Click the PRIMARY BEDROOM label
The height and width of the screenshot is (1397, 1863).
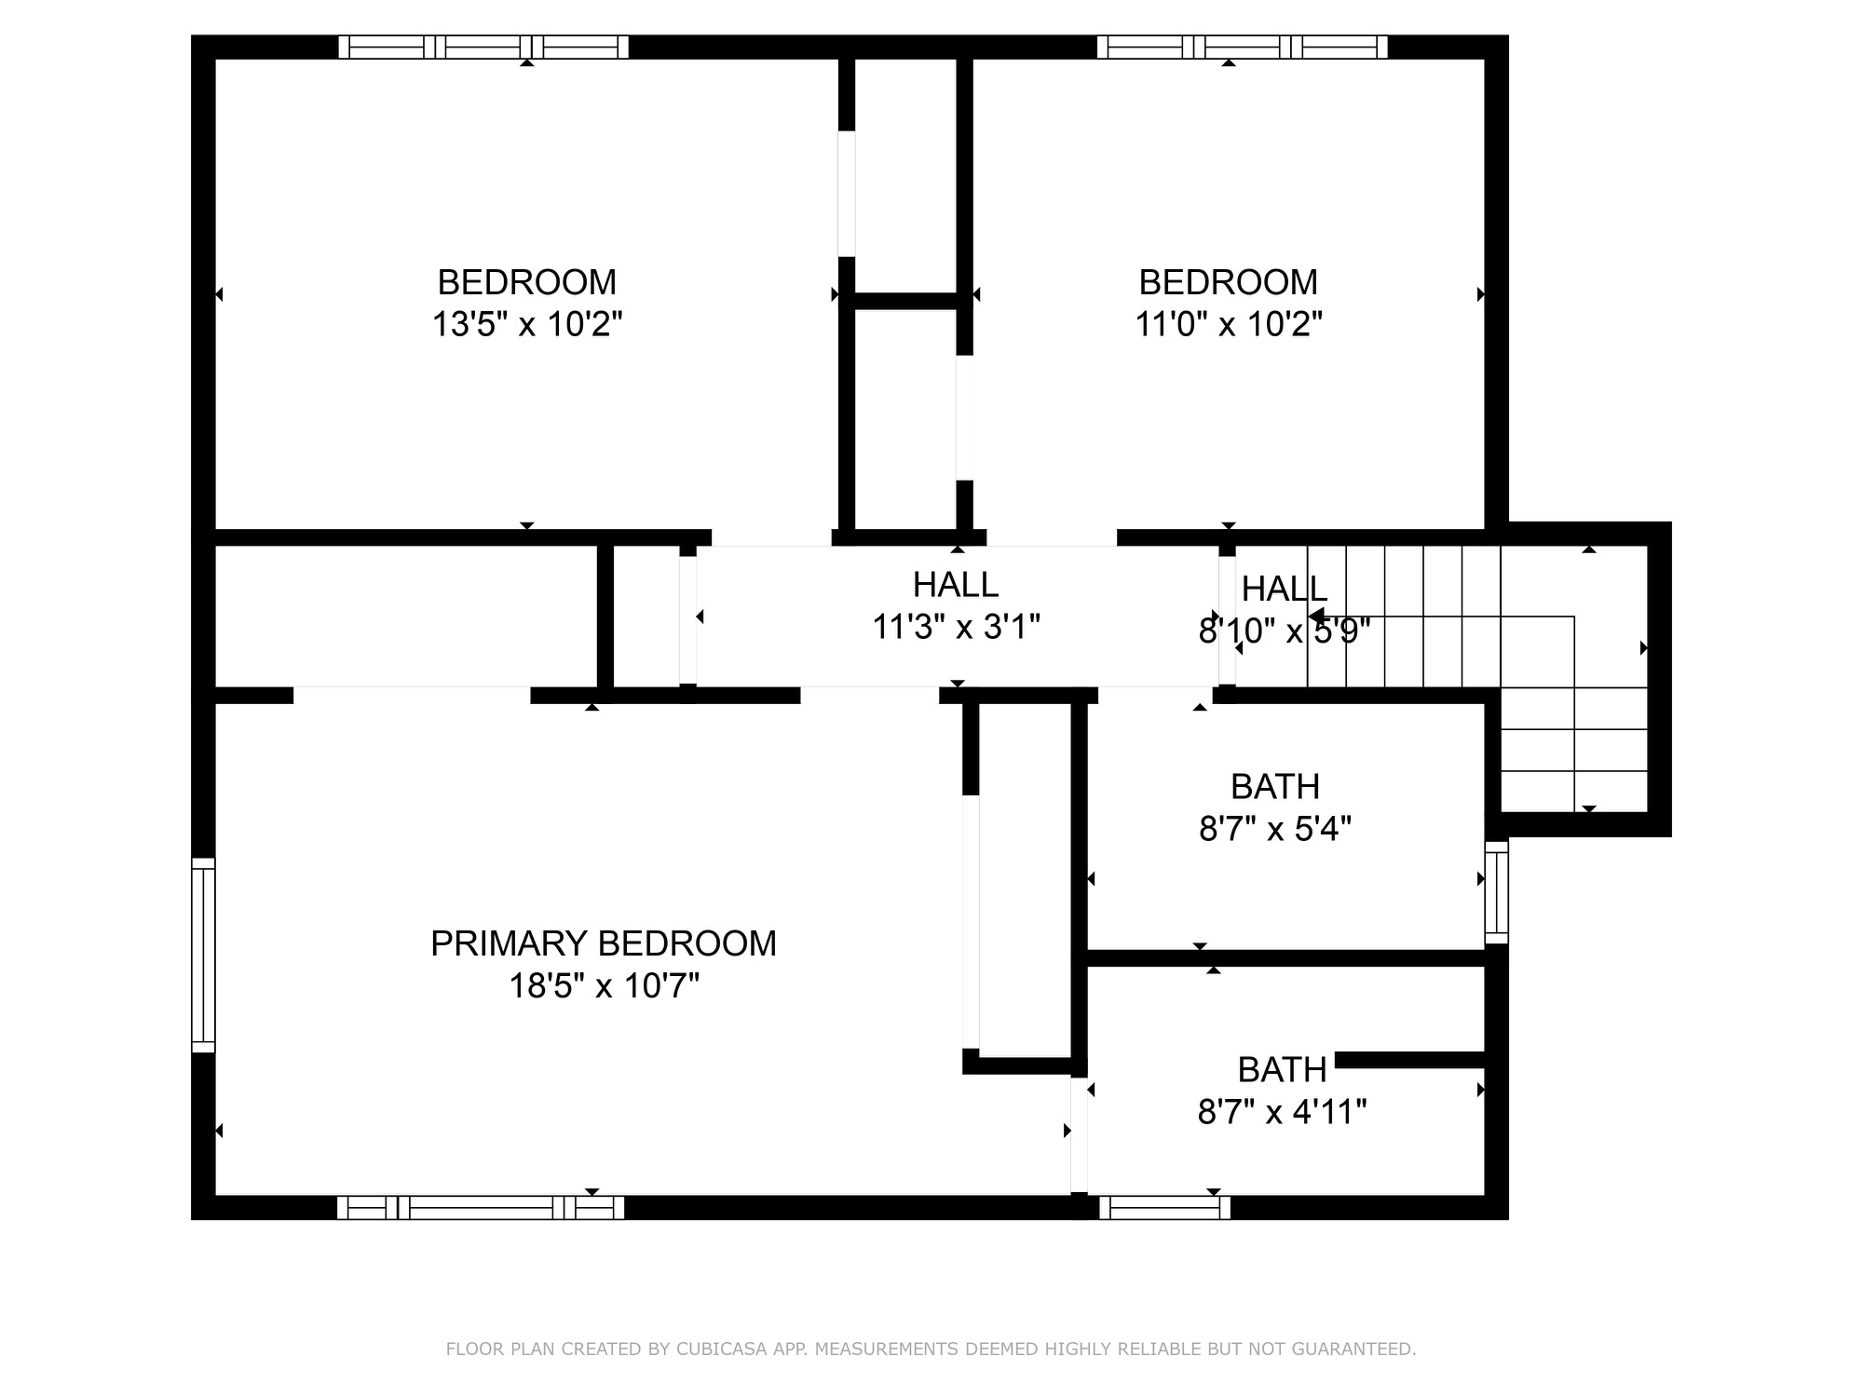click(603, 943)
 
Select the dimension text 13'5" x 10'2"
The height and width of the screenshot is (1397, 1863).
click(526, 324)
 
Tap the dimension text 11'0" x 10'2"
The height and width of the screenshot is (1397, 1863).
click(1228, 324)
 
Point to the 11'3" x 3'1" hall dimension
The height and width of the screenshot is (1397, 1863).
click(956, 627)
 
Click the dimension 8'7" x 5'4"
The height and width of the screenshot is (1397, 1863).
click(1274, 828)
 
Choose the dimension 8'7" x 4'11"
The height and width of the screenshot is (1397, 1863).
click(1282, 1111)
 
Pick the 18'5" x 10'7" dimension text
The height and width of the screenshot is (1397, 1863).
click(603, 985)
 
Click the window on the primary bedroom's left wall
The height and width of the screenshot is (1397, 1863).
click(203, 955)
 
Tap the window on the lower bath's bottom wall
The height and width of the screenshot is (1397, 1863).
click(1164, 1208)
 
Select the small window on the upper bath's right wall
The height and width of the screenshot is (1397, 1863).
click(1496, 891)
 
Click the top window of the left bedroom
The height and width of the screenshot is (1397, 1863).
click(483, 47)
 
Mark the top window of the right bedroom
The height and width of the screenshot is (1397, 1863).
click(1243, 47)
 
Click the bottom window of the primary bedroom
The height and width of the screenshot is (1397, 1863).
click(481, 1208)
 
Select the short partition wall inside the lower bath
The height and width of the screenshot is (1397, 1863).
click(1409, 1060)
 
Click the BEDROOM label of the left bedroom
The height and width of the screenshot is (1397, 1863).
click(526, 281)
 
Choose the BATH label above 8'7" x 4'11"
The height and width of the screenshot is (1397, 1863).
click(1282, 1069)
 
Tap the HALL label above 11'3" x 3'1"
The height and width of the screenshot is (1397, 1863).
click(956, 584)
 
